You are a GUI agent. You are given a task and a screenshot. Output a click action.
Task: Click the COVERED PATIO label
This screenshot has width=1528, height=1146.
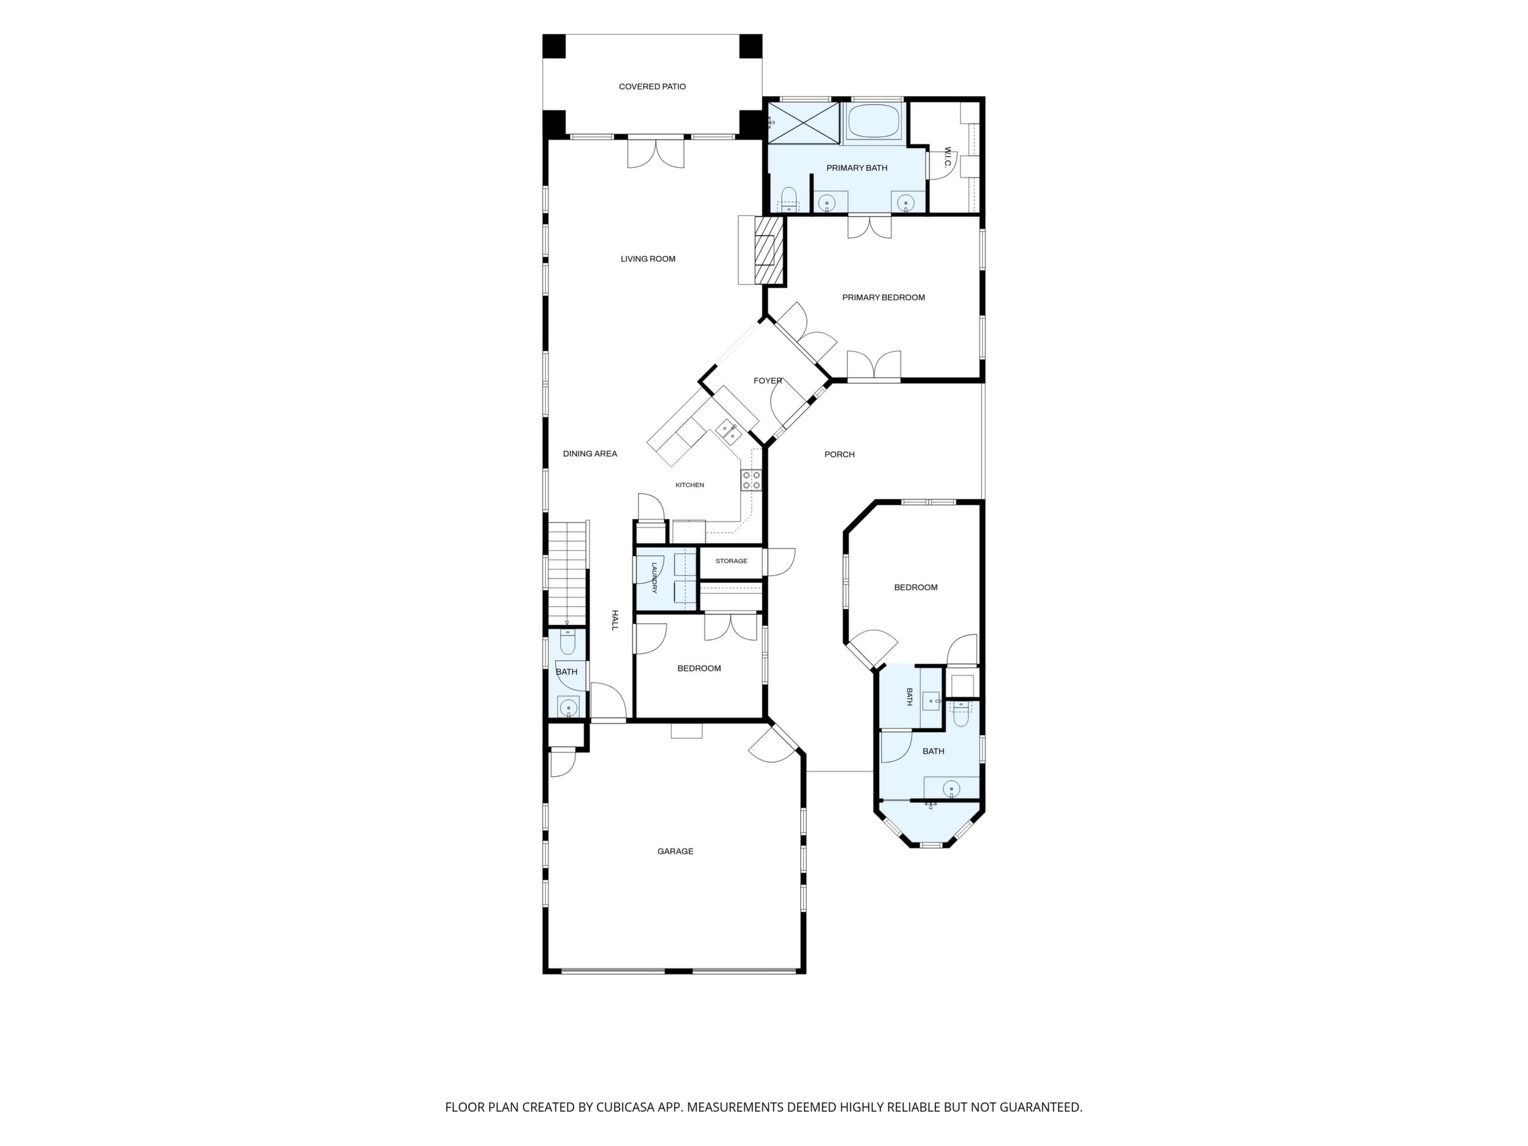(x=652, y=87)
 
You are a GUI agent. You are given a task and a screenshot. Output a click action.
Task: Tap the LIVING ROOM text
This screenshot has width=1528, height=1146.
(x=648, y=259)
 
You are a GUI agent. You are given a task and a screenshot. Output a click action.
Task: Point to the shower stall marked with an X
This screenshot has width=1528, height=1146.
(x=803, y=123)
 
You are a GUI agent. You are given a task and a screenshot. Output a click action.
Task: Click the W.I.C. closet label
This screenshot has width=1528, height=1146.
(x=948, y=161)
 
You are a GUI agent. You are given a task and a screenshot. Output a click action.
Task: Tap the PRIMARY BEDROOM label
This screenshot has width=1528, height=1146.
(x=883, y=298)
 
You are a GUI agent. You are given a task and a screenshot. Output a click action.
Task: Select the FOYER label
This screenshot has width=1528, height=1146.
(x=768, y=381)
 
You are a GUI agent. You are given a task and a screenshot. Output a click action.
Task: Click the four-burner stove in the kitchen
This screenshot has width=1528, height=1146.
(x=752, y=480)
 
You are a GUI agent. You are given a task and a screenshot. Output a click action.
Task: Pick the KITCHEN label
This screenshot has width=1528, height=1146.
(x=689, y=485)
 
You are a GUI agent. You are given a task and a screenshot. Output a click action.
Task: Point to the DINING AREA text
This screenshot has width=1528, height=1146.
(x=590, y=454)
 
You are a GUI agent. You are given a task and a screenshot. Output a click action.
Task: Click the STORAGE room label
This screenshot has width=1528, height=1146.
(x=732, y=561)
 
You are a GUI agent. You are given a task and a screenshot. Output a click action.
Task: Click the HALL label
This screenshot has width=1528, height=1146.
(x=614, y=620)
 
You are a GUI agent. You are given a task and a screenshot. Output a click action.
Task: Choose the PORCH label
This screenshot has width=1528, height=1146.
(x=839, y=454)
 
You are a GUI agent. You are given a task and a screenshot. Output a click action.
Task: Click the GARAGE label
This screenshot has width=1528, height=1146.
(x=675, y=852)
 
